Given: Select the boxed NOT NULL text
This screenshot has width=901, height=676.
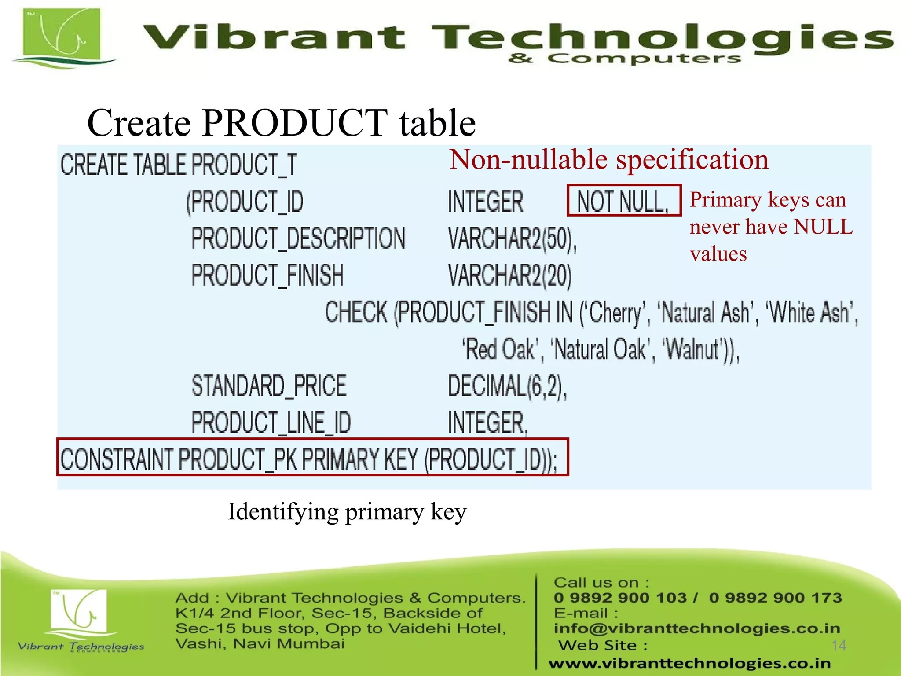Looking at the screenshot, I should pyautogui.click(x=623, y=201).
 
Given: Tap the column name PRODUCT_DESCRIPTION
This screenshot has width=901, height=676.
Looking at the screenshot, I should pyautogui.click(x=298, y=239).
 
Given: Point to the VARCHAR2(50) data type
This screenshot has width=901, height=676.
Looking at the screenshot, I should pyautogui.click(x=512, y=239).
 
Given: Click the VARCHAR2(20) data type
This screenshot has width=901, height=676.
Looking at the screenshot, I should pyautogui.click(x=509, y=276).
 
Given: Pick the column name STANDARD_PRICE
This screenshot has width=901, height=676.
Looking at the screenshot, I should pyautogui.click(x=269, y=386).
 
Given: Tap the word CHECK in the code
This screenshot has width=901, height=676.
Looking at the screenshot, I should pyautogui.click(x=356, y=312).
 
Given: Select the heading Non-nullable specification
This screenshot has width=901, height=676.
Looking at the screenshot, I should pyautogui.click(x=608, y=159).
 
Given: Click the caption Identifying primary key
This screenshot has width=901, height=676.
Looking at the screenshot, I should pyautogui.click(x=347, y=512).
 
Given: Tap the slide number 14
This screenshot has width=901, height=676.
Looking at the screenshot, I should pyautogui.click(x=839, y=645).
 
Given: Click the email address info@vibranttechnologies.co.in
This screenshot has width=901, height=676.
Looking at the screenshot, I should pyautogui.click(x=696, y=628).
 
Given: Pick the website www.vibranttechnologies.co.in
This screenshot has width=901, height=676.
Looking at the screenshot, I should pyautogui.click(x=689, y=663).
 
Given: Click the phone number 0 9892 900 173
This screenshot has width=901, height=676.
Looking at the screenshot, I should pyautogui.click(x=775, y=598).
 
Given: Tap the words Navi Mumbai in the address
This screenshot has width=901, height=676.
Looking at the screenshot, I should pyautogui.click(x=289, y=644).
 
